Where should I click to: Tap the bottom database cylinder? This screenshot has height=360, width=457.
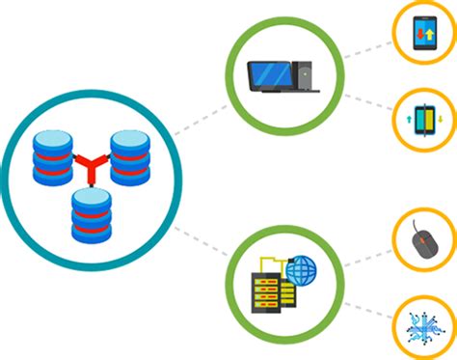(91, 215)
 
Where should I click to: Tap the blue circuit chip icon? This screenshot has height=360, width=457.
(422, 326)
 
